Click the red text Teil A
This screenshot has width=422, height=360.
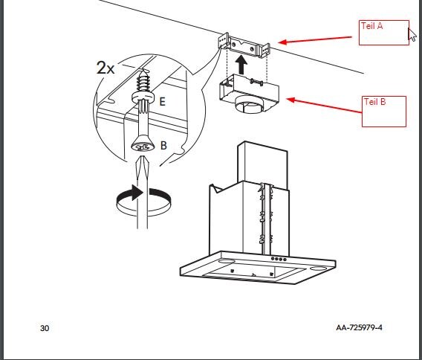click(x=371, y=26)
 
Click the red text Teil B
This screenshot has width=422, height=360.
click(x=374, y=102)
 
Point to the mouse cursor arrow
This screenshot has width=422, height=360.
click(x=412, y=34)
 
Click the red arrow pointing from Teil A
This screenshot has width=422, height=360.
click(x=315, y=39)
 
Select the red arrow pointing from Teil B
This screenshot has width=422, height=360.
click(x=324, y=106)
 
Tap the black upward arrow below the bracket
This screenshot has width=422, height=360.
click(x=241, y=65)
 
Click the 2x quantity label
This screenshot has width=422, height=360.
click(x=105, y=68)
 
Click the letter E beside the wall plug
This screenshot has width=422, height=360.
click(x=162, y=102)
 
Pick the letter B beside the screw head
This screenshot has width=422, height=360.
click(x=163, y=146)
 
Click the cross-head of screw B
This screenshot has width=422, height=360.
click(x=143, y=147)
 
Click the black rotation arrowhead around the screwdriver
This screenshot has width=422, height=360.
click(x=137, y=193)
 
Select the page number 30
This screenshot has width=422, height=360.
click(x=45, y=328)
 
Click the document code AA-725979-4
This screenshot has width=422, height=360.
click(x=359, y=328)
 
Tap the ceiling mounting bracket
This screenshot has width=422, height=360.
click(x=244, y=45)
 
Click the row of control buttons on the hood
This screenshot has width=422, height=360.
click(x=279, y=260)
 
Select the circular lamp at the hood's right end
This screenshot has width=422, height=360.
click(x=318, y=269)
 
